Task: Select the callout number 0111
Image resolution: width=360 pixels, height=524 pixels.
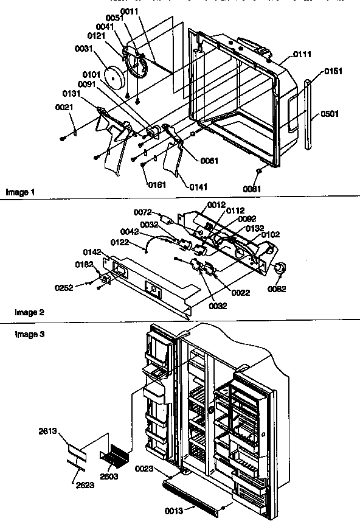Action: pos(302,55)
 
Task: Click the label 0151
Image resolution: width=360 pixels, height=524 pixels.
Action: pos(333,71)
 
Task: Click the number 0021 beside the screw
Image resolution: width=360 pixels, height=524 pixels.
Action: pos(64,107)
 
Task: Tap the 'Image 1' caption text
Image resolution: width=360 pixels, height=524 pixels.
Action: pos(21,192)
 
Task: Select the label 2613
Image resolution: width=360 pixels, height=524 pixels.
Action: pos(49,431)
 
